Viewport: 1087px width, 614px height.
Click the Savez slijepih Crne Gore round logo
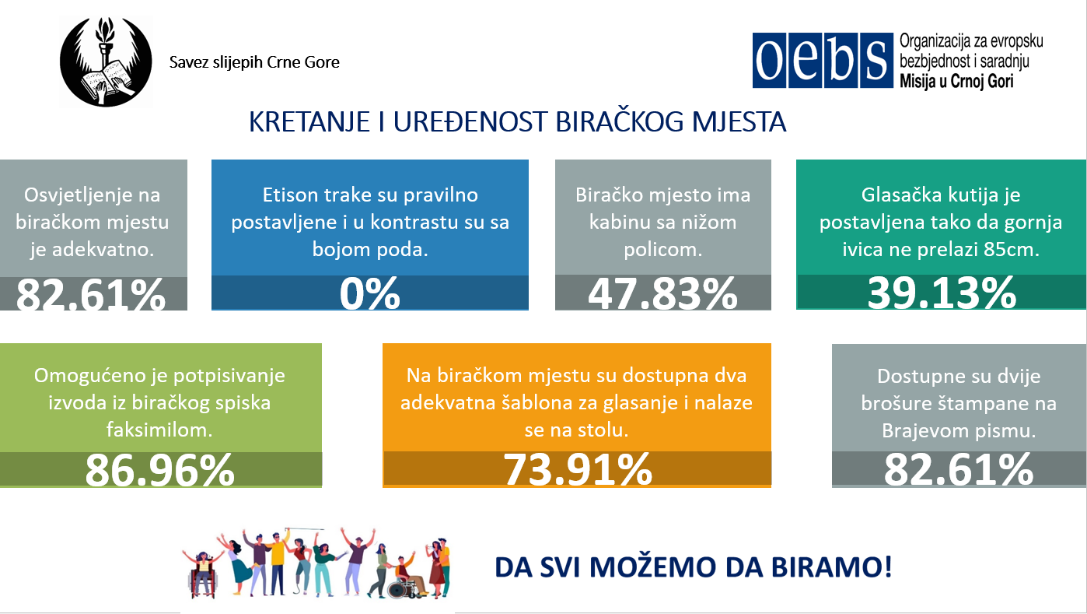pos(106,61)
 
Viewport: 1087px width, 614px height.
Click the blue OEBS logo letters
pos(823,61)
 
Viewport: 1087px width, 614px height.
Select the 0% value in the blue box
pos(370,293)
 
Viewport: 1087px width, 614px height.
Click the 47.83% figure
pos(662,293)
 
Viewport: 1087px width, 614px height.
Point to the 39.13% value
pos(942,293)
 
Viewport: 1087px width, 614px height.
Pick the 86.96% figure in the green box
pos(159,470)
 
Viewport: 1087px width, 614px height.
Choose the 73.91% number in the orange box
pos(578,469)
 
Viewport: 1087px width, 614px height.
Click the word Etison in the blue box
pos(290,195)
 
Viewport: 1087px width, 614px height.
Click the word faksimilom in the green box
pos(159,430)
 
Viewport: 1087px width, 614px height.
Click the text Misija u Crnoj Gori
pos(956,81)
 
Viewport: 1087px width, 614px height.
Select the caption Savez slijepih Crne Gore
pos(254,62)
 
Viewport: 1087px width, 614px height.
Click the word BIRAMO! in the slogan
pos(832,567)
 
